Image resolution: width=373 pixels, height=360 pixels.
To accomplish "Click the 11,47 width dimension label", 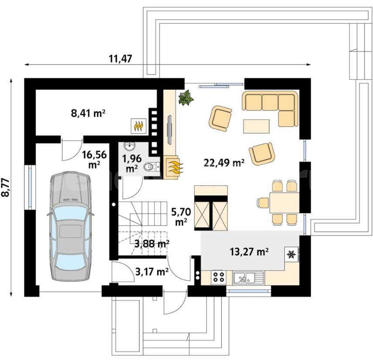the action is pyautogui.click(x=120, y=58).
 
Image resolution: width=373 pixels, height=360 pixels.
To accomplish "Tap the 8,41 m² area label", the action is pyautogui.click(x=88, y=113).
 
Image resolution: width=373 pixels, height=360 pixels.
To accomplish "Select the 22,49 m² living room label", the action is pyautogui.click(x=224, y=163).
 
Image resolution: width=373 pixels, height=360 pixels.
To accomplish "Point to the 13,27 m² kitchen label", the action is pyautogui.click(x=249, y=251).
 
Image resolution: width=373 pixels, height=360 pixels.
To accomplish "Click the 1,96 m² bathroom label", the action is pyautogui.click(x=132, y=163).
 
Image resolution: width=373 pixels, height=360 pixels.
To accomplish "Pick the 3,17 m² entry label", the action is pyautogui.click(x=152, y=272).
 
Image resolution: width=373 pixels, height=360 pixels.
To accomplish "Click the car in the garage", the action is pyautogui.click(x=70, y=227).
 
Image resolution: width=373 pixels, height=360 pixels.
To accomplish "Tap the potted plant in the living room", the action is pyautogui.click(x=186, y=97).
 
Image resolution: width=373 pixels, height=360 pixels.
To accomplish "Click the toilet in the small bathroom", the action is pyautogui.click(x=152, y=167).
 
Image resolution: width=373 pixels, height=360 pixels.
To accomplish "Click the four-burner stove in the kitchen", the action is pyautogui.click(x=219, y=277).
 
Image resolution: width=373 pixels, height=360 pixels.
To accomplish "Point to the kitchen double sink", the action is pyautogui.click(x=249, y=278).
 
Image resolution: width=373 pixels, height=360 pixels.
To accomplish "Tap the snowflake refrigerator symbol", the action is pyautogui.click(x=291, y=255).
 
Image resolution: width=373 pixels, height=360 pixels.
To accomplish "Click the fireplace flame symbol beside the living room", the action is pyautogui.click(x=174, y=168).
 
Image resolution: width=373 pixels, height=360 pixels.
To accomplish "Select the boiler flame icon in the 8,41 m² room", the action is pyautogui.click(x=138, y=126).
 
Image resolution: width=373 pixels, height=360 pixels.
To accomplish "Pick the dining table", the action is pyautogui.click(x=284, y=203).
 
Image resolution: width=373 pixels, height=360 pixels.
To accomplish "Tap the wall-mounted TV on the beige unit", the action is pyautogui.click(x=169, y=129).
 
